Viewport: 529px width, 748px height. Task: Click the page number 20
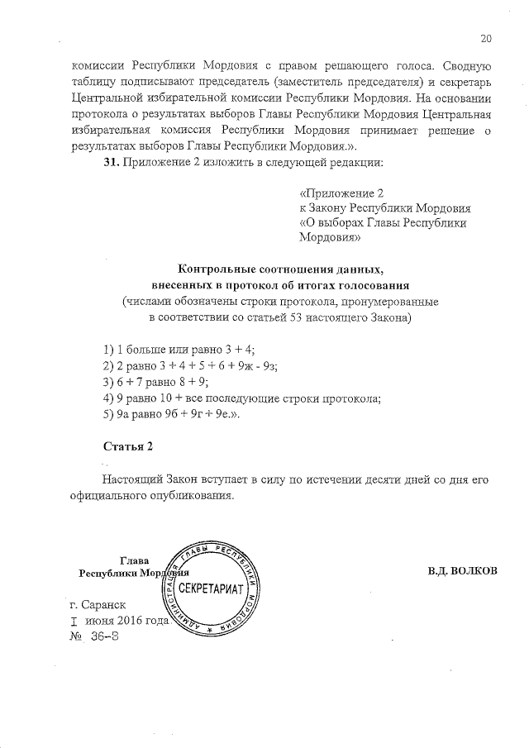tap(485, 38)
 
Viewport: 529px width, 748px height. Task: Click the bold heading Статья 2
tap(128, 446)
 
